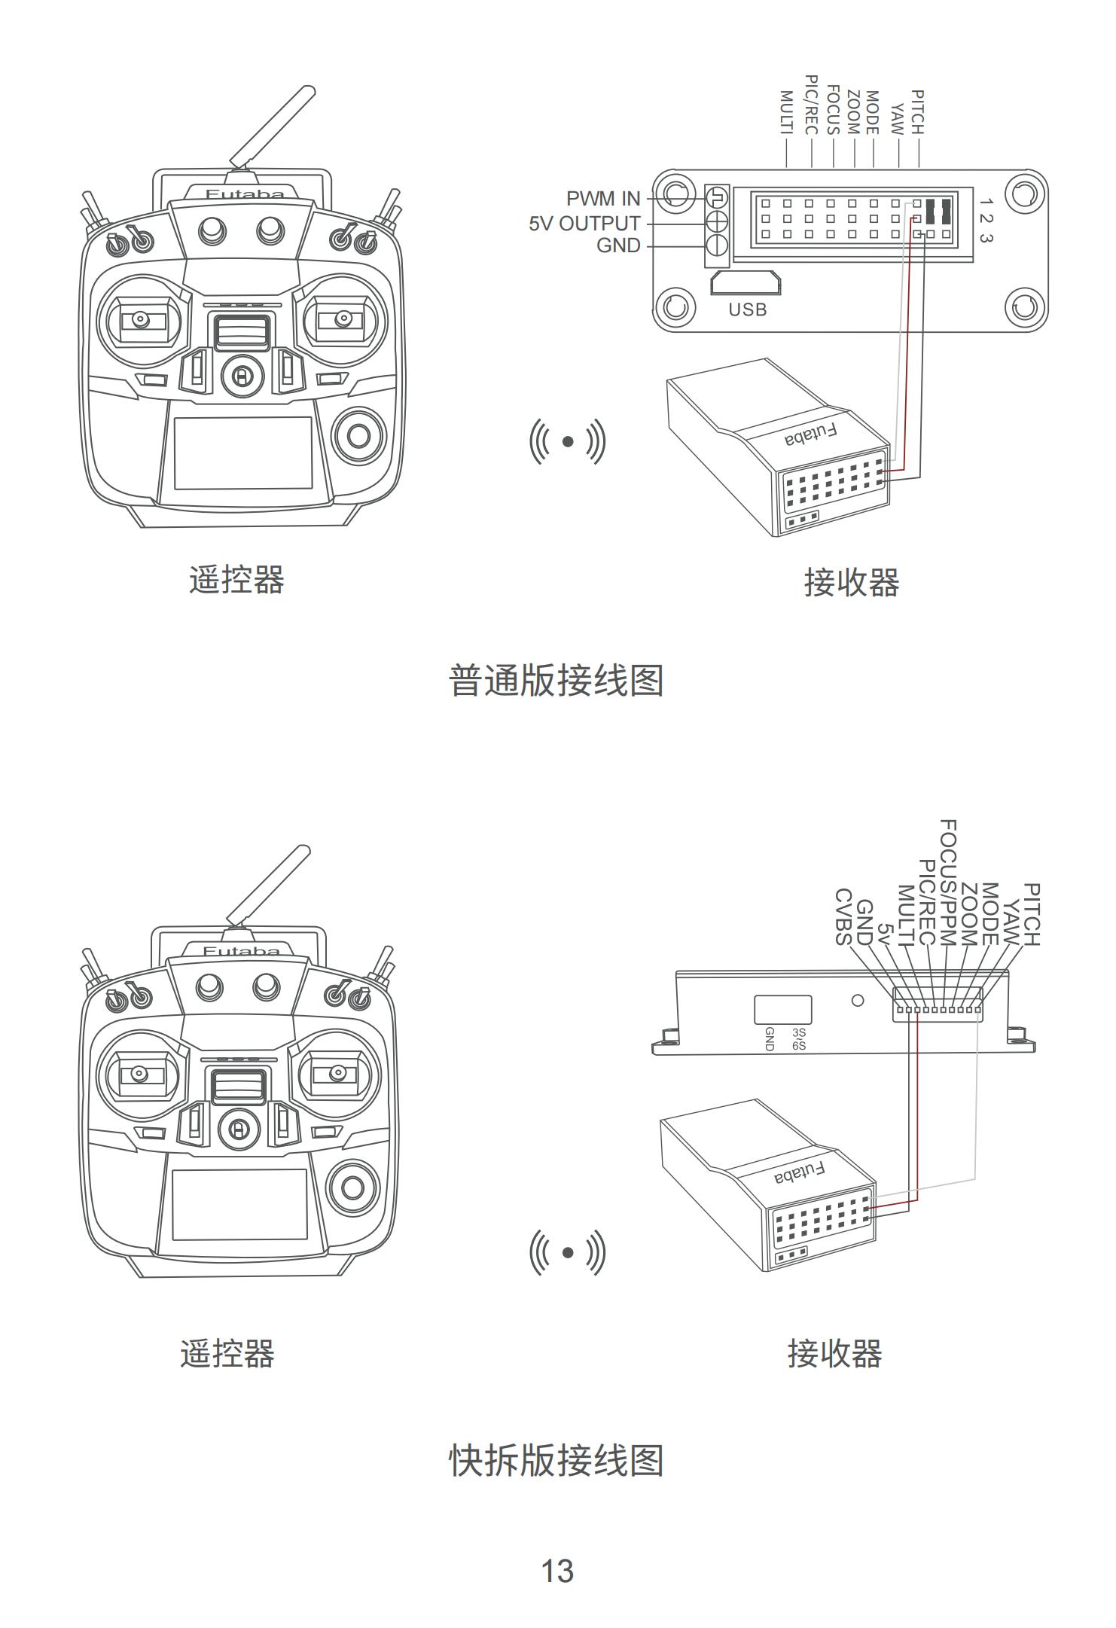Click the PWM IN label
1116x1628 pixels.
603,199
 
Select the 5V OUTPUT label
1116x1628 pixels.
584,224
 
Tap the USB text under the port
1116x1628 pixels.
747,309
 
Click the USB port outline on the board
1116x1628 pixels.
745,283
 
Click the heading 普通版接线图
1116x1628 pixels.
556,681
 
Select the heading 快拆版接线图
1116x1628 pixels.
556,1461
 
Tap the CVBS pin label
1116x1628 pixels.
844,916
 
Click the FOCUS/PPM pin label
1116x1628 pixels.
948,883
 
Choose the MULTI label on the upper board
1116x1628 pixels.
786,113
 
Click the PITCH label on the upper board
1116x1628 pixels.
917,112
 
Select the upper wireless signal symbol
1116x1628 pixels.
568,442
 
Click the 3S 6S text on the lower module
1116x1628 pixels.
799,1039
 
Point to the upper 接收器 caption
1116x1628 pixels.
852,583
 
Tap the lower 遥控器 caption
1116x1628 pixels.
227,1354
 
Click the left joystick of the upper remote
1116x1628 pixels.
140,319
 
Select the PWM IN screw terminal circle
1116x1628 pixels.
717,199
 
